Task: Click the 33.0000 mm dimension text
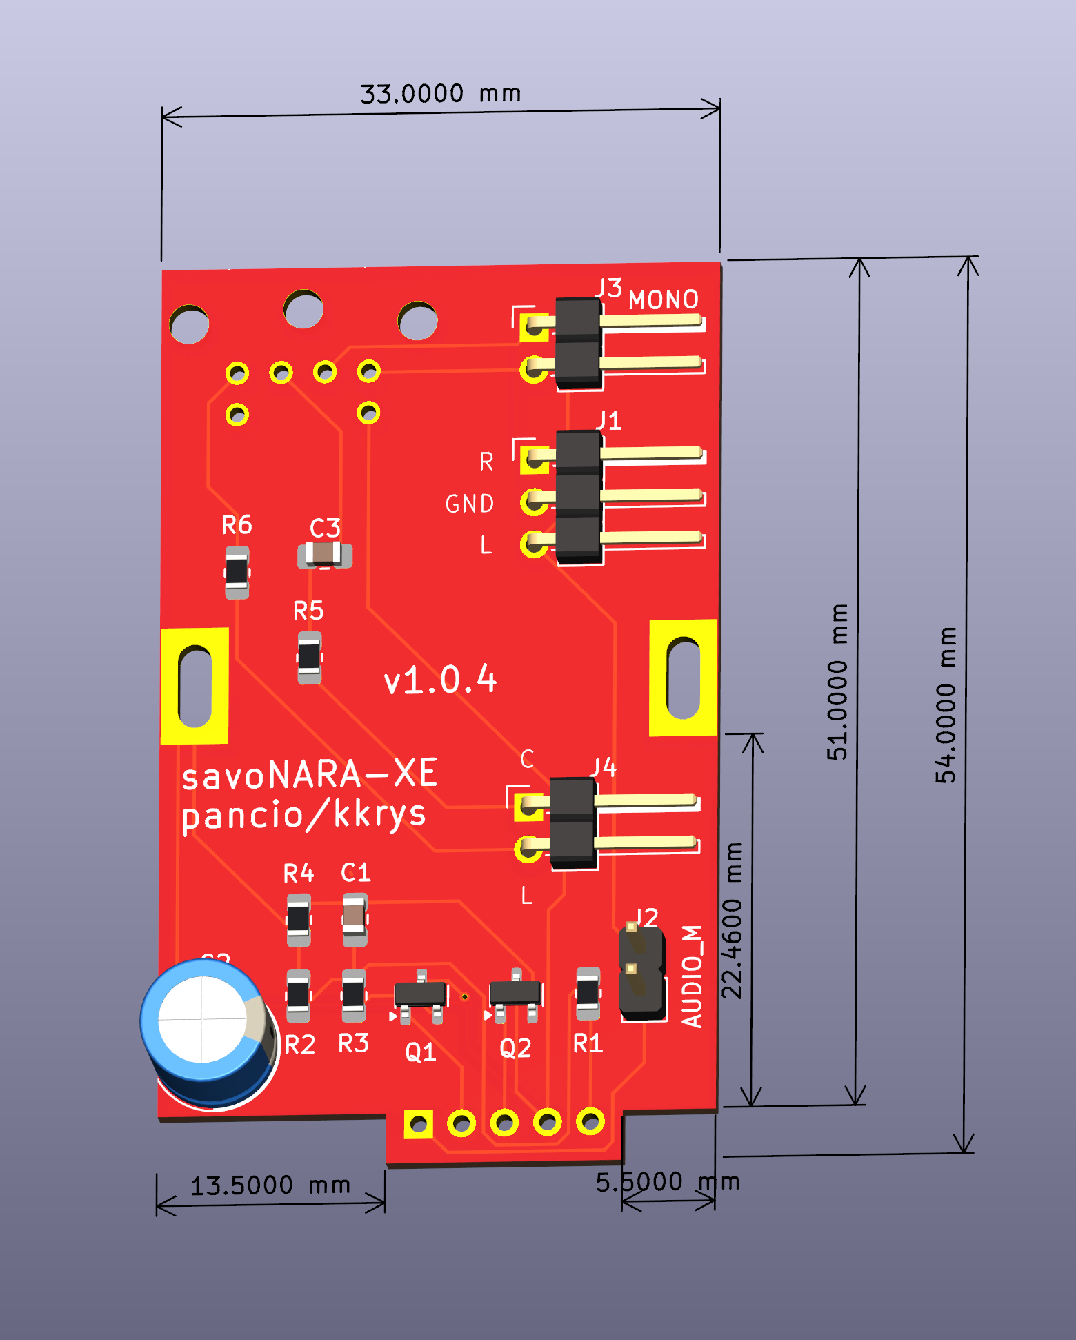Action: click(440, 93)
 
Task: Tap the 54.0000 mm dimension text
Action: click(946, 705)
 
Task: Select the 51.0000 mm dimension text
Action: click(837, 682)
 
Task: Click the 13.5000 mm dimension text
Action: click(270, 1185)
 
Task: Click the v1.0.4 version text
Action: click(440, 680)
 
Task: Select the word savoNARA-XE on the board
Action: click(309, 774)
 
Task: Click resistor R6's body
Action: click(237, 572)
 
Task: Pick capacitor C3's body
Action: click(324, 554)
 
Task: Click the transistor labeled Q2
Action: click(515, 994)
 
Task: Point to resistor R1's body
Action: click(588, 994)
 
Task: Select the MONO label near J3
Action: click(664, 299)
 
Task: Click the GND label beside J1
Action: click(470, 504)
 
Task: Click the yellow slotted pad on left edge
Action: click(195, 686)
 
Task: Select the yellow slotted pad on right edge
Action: click(683, 678)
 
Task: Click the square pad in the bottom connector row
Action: click(418, 1124)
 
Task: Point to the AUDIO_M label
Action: click(693, 976)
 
